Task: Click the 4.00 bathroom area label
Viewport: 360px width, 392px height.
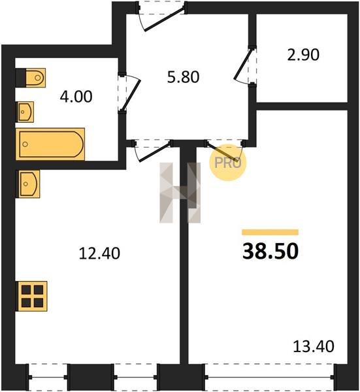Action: click(x=76, y=97)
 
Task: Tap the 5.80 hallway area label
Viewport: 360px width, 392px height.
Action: click(x=183, y=77)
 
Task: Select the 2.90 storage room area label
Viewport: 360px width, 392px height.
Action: click(x=303, y=55)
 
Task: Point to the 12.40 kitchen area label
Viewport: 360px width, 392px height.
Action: click(x=99, y=253)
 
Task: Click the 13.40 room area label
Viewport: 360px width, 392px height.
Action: click(x=314, y=346)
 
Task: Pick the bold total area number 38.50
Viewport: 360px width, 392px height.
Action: click(x=270, y=251)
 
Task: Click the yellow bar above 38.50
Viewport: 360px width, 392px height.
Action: click(x=270, y=232)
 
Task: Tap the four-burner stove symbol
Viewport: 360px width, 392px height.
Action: click(x=31, y=296)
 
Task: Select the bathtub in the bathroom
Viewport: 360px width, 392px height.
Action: click(x=50, y=144)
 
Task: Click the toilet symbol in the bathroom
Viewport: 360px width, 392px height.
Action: click(x=31, y=78)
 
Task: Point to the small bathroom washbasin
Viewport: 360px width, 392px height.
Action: click(x=25, y=112)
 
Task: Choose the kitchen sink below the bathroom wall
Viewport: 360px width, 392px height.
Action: click(x=27, y=184)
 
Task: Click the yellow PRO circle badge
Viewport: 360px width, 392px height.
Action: click(x=228, y=163)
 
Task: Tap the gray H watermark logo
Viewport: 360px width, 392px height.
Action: click(x=180, y=193)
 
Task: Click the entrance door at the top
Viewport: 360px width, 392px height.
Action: click(x=162, y=16)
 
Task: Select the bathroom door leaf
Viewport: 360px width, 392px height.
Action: click(x=130, y=93)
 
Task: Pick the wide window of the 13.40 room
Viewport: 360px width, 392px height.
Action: click(x=269, y=377)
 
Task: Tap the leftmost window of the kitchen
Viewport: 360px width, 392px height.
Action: click(x=48, y=377)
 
